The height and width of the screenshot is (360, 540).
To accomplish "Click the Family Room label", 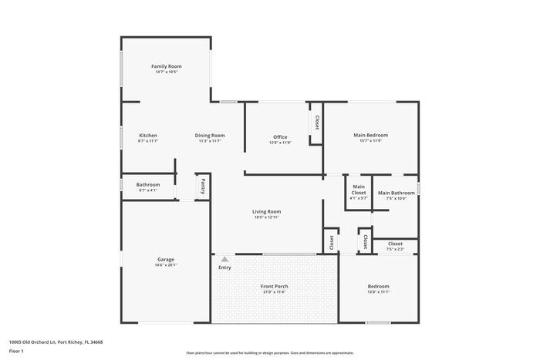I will (x=166, y=66).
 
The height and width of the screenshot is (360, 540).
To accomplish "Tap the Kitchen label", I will (x=148, y=136).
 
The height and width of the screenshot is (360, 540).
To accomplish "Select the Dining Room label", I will (x=210, y=136).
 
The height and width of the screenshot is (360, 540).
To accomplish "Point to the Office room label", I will (x=280, y=137).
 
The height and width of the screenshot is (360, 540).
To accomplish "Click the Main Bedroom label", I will (x=370, y=135).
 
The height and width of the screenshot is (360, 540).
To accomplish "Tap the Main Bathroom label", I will (x=396, y=193).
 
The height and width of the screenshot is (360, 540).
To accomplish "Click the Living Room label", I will (x=266, y=212).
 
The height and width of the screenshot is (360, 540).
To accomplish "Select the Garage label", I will (x=166, y=259).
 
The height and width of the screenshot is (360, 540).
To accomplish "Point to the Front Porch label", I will (x=274, y=286).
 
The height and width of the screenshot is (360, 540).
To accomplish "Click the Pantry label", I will (x=203, y=186).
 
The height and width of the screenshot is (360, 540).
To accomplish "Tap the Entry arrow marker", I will (x=224, y=260).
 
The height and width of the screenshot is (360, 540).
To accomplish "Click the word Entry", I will (x=224, y=268).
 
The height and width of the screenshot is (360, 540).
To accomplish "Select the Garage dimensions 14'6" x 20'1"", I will (x=166, y=265).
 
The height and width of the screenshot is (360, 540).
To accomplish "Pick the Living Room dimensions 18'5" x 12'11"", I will (x=266, y=218).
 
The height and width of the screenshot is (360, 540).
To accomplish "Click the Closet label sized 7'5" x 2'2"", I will (x=395, y=244).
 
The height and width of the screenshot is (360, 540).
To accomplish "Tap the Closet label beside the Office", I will (x=316, y=123).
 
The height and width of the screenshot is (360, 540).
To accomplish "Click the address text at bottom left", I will (x=56, y=341).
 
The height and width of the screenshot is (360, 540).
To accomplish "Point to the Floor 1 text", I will (x=16, y=352).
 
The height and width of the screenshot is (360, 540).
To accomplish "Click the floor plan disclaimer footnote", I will (x=270, y=352).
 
